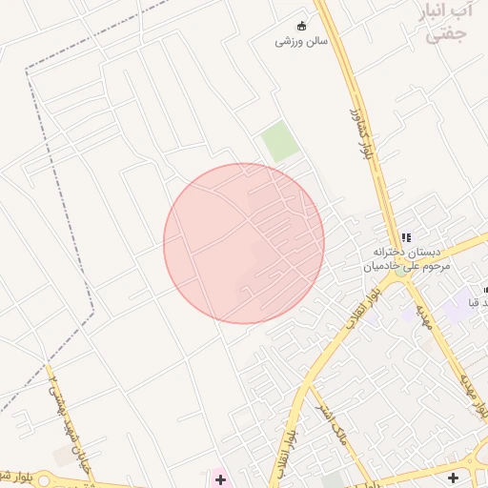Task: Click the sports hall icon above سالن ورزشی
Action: (x=302, y=26)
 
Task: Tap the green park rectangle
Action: (x=279, y=141)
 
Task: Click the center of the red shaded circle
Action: (x=244, y=243)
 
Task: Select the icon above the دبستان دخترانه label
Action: (x=405, y=237)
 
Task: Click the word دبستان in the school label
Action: (x=425, y=253)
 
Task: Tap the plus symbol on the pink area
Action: (x=220, y=478)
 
